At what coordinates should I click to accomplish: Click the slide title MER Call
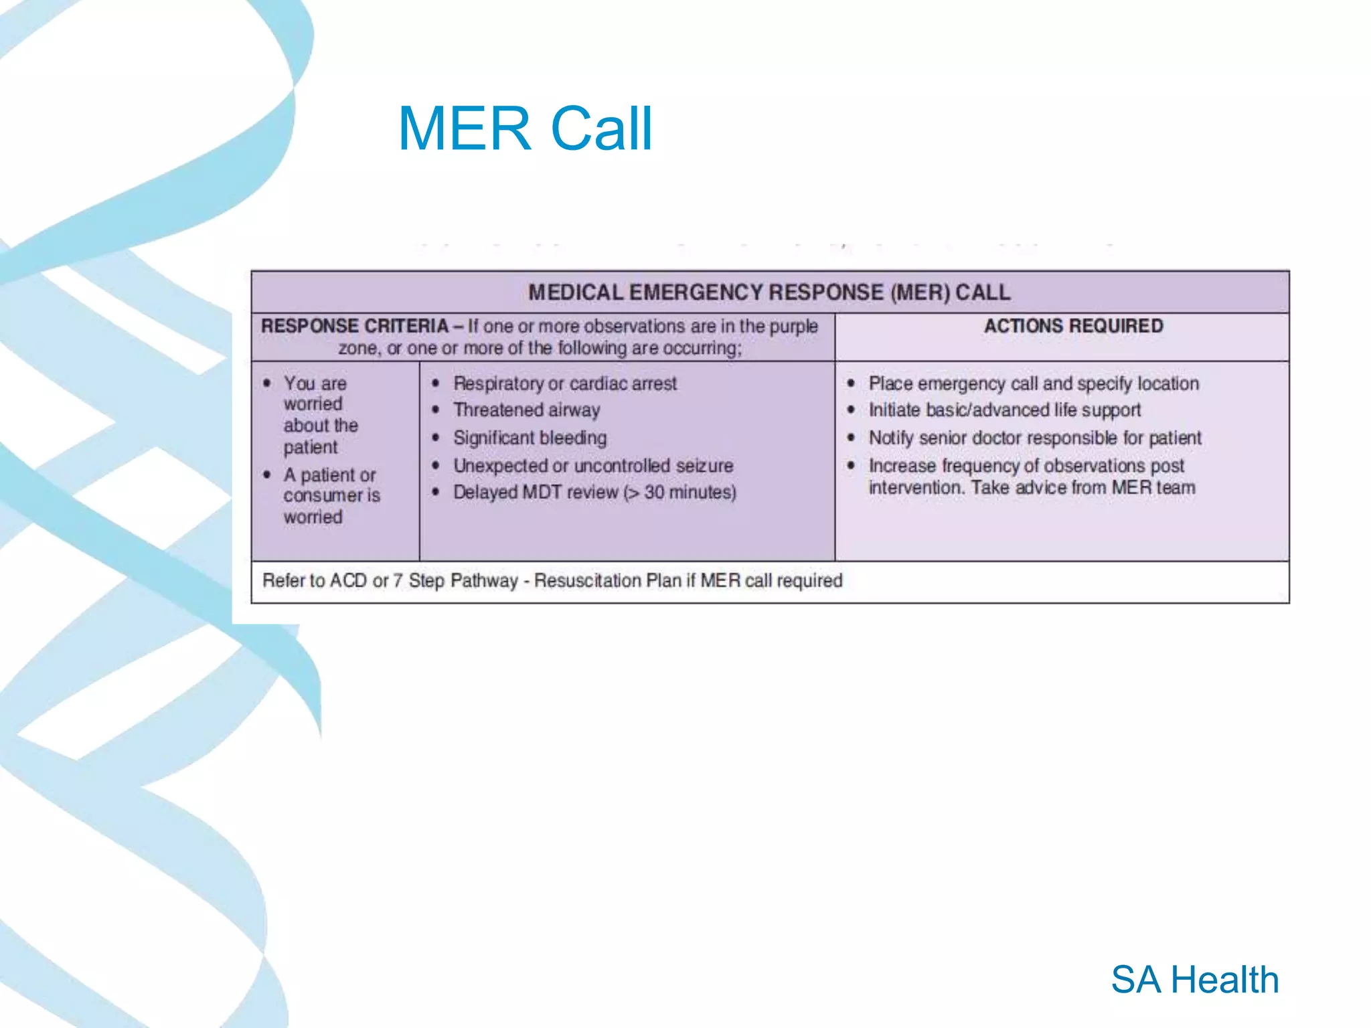click(525, 128)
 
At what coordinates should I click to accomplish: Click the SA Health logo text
click(1194, 980)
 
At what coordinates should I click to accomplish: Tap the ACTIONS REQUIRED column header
click(1073, 326)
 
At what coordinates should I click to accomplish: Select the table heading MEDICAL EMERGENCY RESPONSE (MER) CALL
click(769, 292)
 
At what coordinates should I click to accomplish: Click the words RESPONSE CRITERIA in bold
click(354, 326)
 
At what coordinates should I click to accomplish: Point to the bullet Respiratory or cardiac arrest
click(564, 383)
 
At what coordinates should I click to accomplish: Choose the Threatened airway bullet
click(526, 410)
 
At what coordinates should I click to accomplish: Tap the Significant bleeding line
click(530, 438)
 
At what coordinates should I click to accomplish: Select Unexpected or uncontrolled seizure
click(593, 465)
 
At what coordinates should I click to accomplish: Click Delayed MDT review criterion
click(594, 493)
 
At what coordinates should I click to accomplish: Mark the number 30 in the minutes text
click(654, 493)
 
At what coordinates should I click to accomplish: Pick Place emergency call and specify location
click(1033, 383)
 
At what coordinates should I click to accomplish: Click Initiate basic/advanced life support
click(1004, 410)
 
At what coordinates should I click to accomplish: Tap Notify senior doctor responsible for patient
click(1034, 438)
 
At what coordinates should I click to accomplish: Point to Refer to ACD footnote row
click(552, 580)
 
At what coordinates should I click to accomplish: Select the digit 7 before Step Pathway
click(398, 580)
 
